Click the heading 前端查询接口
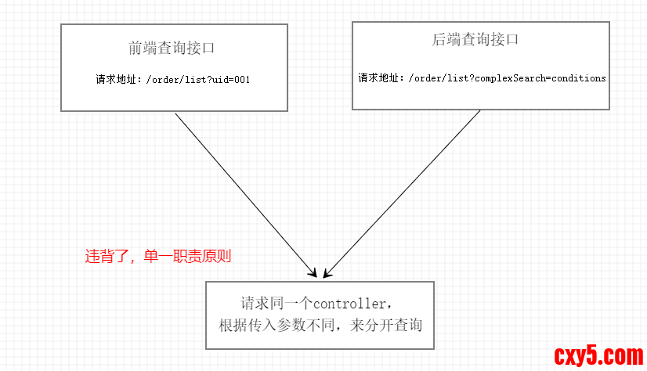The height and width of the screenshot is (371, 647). [x=172, y=48]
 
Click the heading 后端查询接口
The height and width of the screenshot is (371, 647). [x=475, y=40]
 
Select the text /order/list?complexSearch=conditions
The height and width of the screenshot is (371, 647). [x=507, y=78]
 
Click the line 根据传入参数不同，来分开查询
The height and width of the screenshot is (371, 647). [x=320, y=324]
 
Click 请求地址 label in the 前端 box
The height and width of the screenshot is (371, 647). [x=114, y=80]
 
